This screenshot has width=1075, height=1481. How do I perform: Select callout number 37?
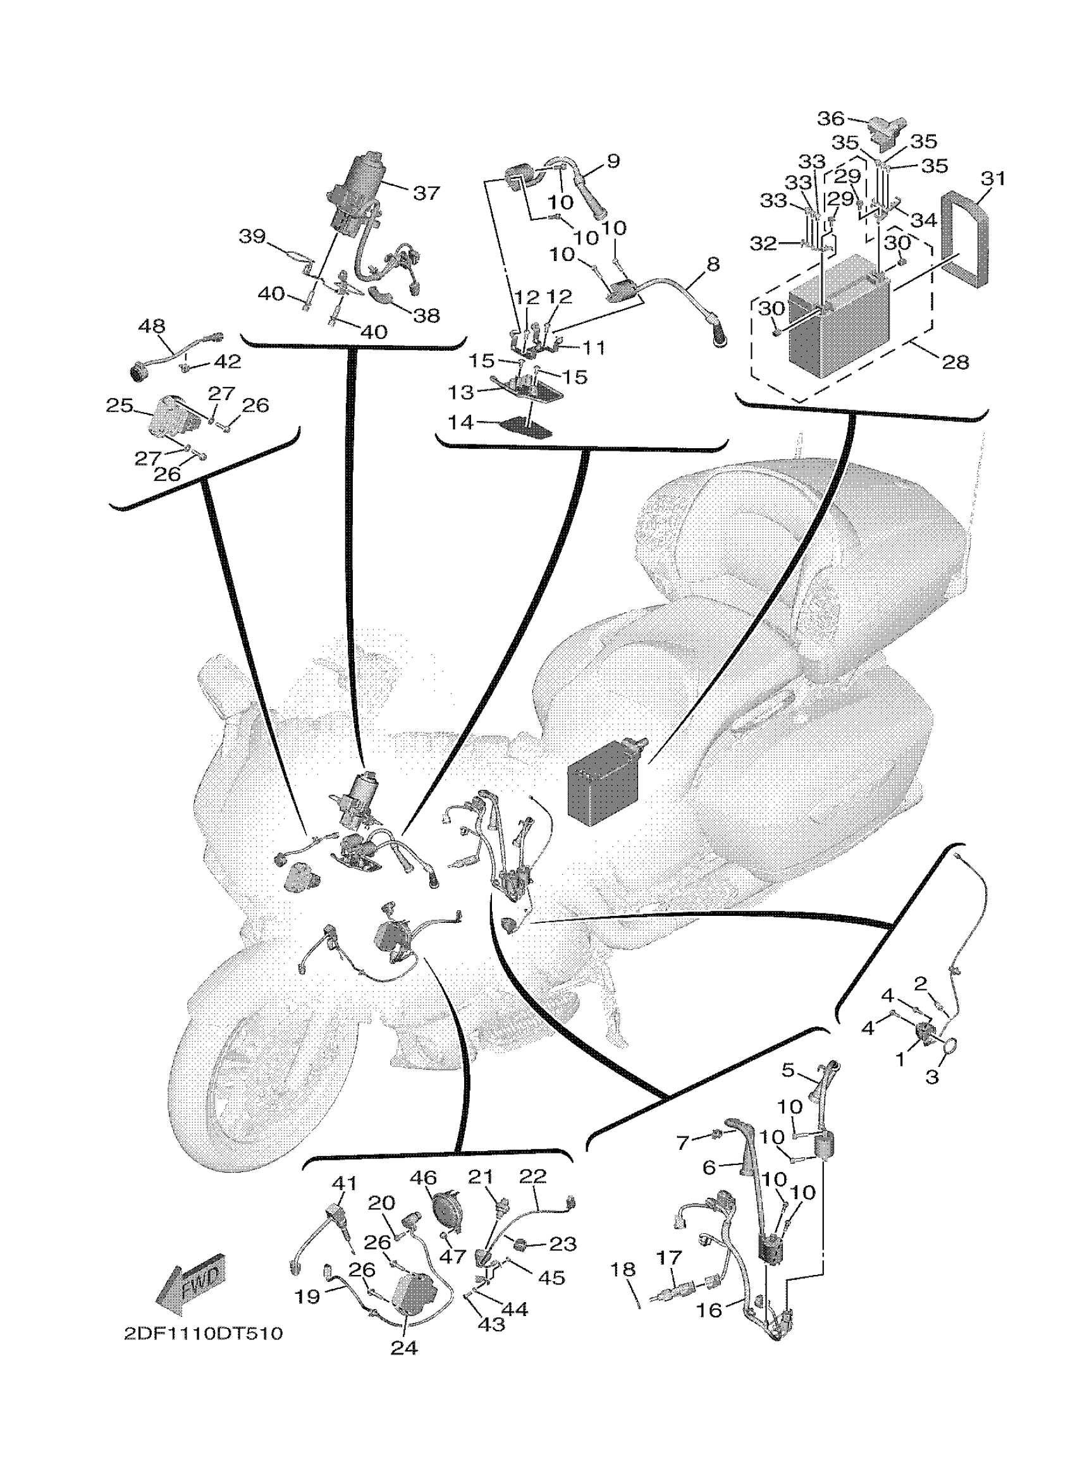[x=426, y=193]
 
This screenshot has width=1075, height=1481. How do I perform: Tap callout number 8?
[x=713, y=264]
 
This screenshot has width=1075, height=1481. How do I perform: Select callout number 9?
[x=613, y=161]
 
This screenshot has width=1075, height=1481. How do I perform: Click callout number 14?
[x=460, y=422]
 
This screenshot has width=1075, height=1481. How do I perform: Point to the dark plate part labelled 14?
[x=525, y=429]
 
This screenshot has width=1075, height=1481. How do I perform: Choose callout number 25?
[x=119, y=406]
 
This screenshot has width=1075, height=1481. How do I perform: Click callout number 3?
[x=932, y=1077]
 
